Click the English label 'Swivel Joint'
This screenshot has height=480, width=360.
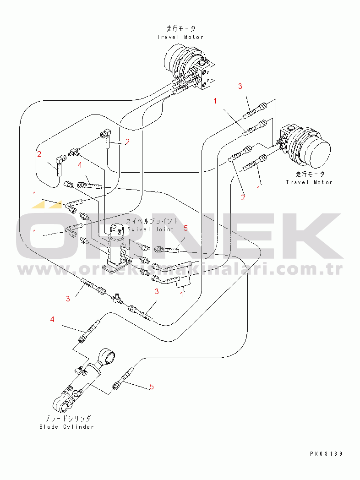click(150, 229)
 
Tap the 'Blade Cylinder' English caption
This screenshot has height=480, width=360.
click(66, 427)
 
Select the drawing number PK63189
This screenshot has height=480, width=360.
click(326, 454)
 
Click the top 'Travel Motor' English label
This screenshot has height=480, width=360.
click(180, 37)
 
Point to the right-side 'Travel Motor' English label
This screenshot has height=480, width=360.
click(309, 182)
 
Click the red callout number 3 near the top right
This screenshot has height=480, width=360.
click(240, 86)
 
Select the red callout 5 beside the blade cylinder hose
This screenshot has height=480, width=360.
click(152, 387)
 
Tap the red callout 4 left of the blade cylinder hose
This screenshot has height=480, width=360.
click(52, 319)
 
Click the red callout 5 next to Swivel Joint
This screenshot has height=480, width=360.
click(185, 228)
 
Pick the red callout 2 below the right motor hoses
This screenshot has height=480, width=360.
click(243, 198)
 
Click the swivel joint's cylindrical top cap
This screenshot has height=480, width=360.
click(118, 229)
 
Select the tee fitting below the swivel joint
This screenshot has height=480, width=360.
click(116, 298)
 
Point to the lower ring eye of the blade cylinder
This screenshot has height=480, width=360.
click(62, 404)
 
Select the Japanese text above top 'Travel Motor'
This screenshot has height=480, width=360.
click(180, 28)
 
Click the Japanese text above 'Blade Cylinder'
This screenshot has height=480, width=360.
click(67, 419)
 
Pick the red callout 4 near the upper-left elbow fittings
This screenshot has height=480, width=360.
click(80, 165)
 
